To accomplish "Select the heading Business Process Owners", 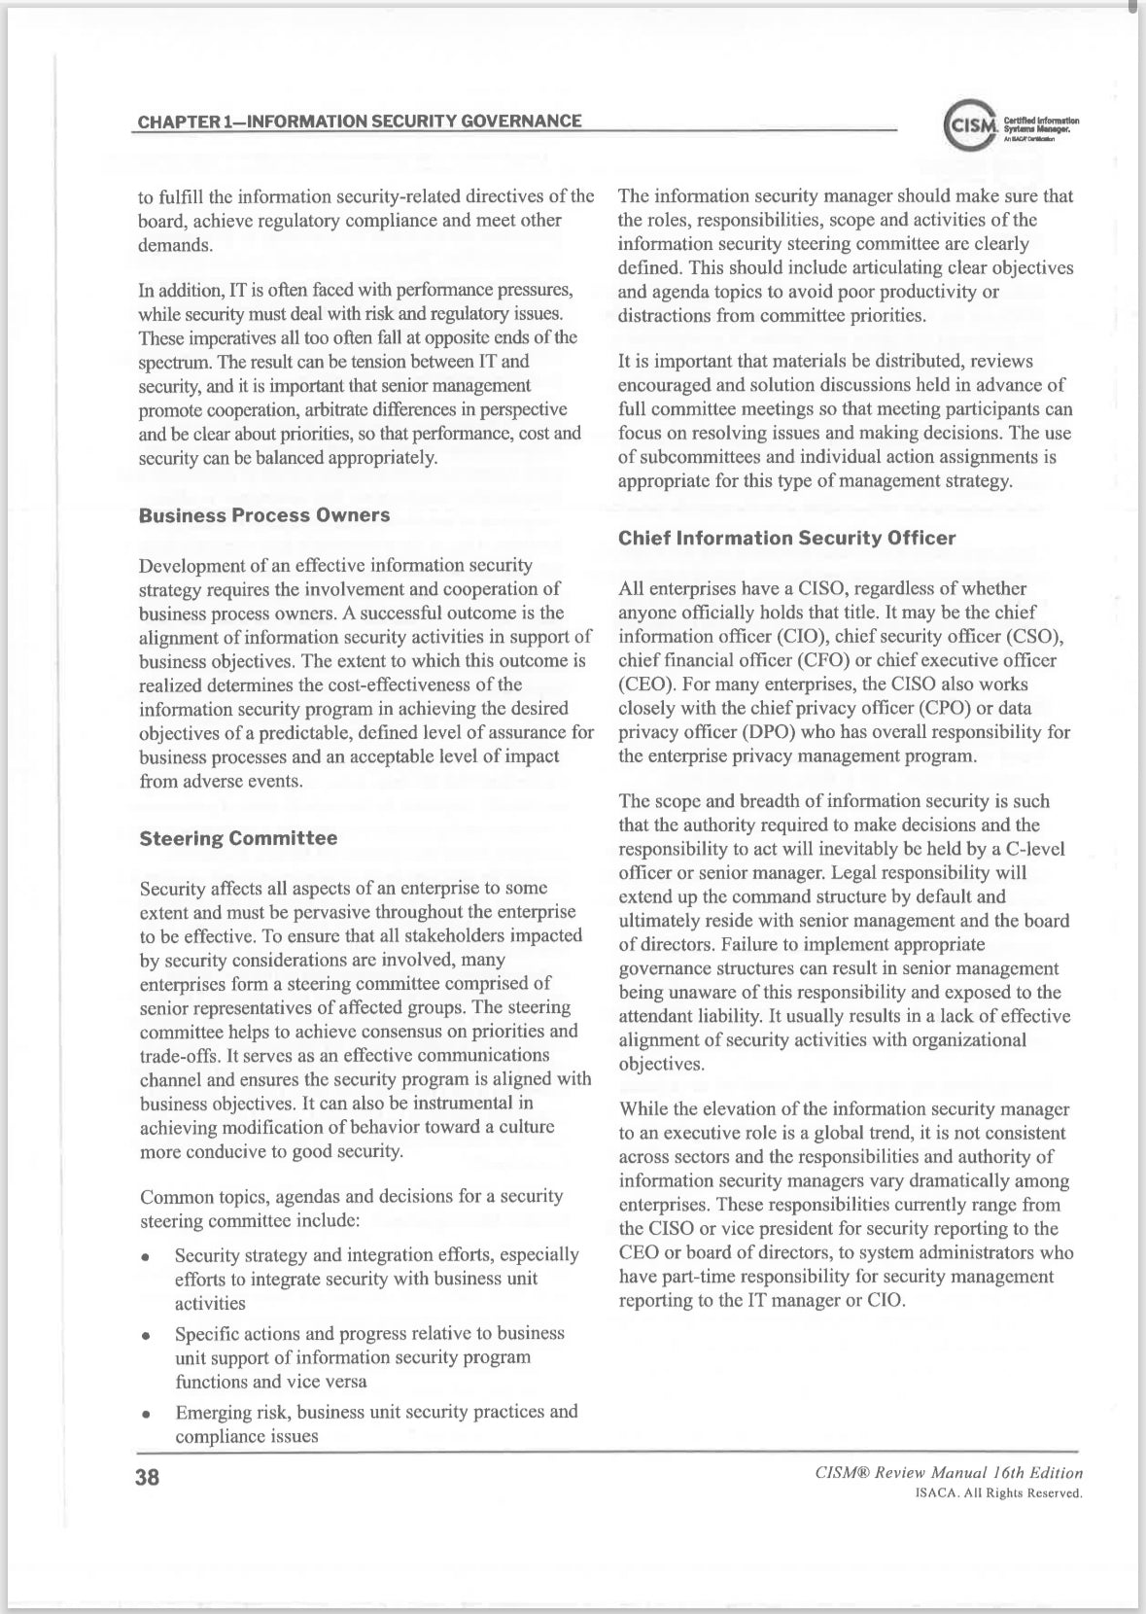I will coord(264,515).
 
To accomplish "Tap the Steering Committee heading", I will coord(239,838).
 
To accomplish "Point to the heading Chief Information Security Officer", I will coord(787,538).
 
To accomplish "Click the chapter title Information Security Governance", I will coord(360,122).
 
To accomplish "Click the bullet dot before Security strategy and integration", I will coord(145,1256).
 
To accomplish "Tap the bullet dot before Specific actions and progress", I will coord(145,1335).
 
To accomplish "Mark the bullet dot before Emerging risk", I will coord(145,1413).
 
